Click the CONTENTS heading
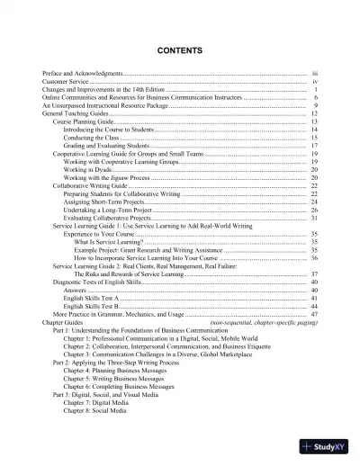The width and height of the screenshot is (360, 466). (x=179, y=49)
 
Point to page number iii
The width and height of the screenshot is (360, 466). (x=314, y=72)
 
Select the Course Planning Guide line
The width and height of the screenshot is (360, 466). (x=85, y=122)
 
